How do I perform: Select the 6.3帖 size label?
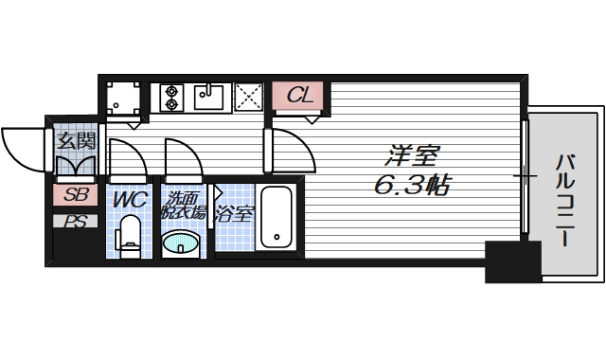coord(410,185)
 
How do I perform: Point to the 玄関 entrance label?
coord(76,142)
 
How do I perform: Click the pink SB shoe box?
coord(76,196)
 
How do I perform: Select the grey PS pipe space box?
coord(76,222)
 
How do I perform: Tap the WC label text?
coord(128,201)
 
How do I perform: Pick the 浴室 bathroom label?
coord(234,213)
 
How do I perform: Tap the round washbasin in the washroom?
coord(181,245)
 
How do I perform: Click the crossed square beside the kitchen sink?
coord(249,96)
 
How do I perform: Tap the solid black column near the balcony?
coord(512,261)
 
